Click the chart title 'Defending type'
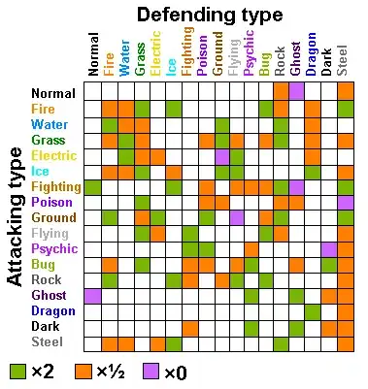tap(210, 16)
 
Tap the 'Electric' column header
tap(155, 53)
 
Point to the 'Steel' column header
tap(343, 60)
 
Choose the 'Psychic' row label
tap(54, 248)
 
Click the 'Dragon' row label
tap(53, 310)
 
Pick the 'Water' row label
tap(50, 124)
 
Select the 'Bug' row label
tap(43, 265)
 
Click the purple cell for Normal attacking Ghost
tap(297, 91)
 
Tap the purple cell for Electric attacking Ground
tap(222, 156)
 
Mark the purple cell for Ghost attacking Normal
tap(92, 296)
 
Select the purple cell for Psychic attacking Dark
tap(329, 249)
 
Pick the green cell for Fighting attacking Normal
tap(92, 188)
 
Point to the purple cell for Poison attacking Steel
tap(346, 204)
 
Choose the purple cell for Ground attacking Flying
tap(238, 218)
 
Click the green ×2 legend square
tap(17, 371)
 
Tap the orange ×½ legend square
tap(83, 371)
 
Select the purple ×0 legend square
tap(151, 371)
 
